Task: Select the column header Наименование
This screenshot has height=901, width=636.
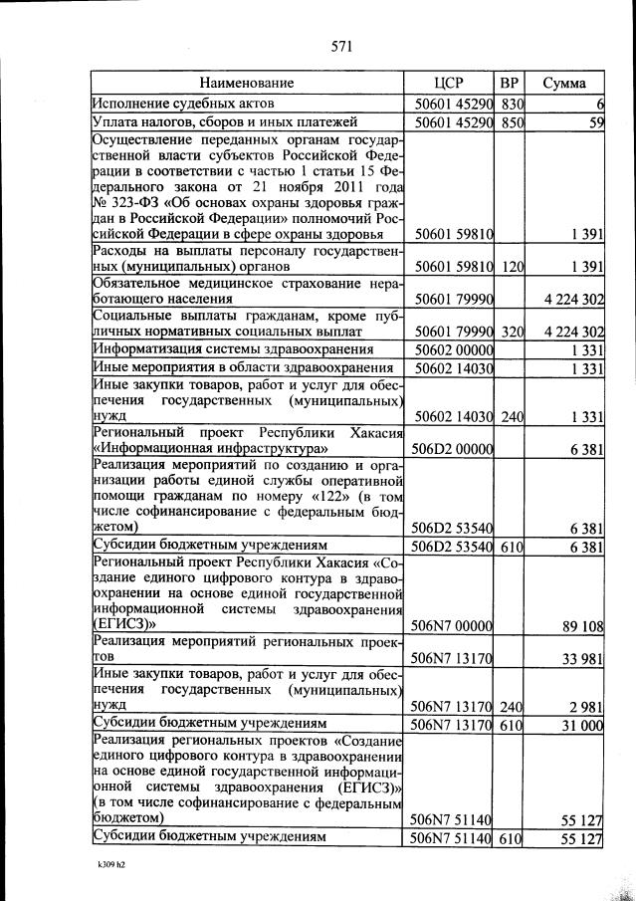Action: click(247, 83)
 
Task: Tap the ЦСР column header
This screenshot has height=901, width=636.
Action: click(450, 83)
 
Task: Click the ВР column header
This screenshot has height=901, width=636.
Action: click(509, 83)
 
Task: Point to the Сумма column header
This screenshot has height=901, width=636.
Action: click(564, 83)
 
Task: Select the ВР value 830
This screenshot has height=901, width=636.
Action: click(512, 104)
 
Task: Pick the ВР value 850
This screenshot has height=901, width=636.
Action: click(512, 123)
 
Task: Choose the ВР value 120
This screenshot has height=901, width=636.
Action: click(512, 268)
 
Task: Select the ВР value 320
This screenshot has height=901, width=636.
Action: click(512, 332)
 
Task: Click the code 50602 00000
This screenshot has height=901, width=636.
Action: click(453, 349)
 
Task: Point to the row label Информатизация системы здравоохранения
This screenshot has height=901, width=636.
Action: click(233, 349)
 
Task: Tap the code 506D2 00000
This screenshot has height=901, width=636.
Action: click(453, 450)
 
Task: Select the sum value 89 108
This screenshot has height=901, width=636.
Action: click(583, 625)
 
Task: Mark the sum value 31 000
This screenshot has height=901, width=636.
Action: click(583, 726)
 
